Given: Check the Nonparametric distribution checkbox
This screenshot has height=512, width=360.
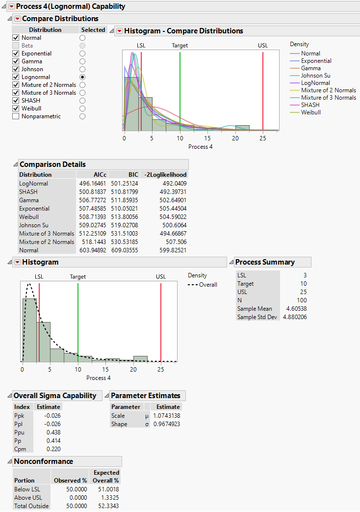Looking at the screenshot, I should [16, 116].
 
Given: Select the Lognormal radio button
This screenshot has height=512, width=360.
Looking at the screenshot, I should [82, 77].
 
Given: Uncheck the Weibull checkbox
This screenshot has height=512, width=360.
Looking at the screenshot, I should [16, 108].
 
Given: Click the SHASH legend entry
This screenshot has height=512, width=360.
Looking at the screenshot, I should [310, 105].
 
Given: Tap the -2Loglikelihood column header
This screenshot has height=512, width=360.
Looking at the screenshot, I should [164, 175].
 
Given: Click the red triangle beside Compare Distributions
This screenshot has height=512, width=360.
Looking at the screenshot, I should [17, 19].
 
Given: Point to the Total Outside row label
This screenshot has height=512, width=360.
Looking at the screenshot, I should [32, 506].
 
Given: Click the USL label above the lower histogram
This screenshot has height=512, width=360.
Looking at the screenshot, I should [161, 277].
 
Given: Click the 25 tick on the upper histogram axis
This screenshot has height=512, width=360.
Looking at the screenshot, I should [263, 138].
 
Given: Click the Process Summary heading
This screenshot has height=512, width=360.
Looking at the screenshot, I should [265, 262].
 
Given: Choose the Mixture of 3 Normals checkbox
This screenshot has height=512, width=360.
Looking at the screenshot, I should [16, 93].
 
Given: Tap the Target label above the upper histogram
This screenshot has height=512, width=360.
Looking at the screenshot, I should [180, 46].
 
